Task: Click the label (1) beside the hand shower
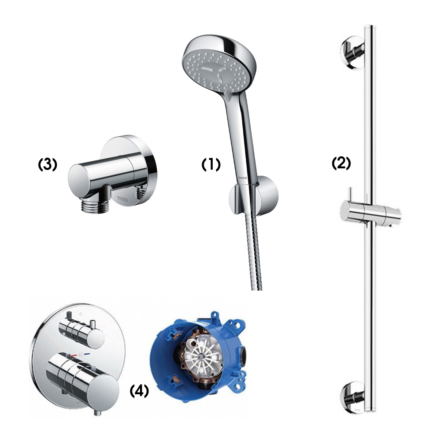point(211,165)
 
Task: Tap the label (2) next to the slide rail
point(341,163)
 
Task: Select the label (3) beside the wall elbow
point(47,164)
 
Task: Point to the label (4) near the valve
point(139,391)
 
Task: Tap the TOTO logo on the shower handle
point(242,177)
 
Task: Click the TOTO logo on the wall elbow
point(122,199)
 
